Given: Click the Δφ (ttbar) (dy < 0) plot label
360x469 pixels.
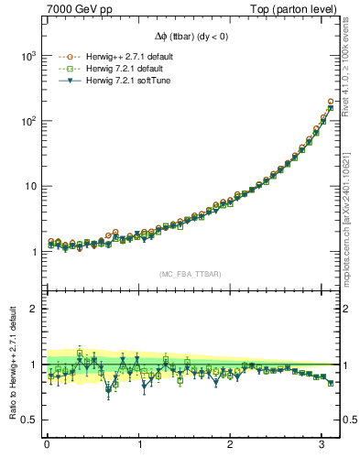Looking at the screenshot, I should [x=191, y=37].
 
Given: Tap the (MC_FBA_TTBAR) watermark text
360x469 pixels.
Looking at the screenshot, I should [x=191, y=274].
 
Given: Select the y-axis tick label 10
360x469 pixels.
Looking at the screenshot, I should [x=29, y=186].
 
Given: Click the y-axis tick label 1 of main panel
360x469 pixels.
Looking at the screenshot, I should [x=33, y=252].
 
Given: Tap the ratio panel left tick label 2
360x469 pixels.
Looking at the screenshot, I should [x=33, y=309].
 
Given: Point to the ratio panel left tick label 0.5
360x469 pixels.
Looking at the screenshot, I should [x=28, y=420].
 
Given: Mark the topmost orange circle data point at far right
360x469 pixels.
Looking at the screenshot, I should [x=330, y=101].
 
